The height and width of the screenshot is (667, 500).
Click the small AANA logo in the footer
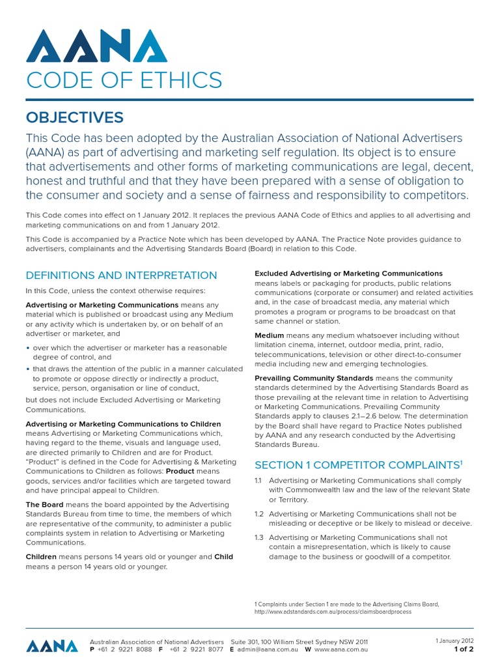click(51, 646)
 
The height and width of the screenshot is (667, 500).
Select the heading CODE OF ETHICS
click(124, 81)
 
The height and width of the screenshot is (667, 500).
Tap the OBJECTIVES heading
click(74, 117)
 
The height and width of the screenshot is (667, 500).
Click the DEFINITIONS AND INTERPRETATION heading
click(121, 276)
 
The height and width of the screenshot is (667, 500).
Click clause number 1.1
click(258, 480)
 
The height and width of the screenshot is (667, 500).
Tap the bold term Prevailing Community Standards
click(314, 378)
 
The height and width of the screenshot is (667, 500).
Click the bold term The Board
click(44, 505)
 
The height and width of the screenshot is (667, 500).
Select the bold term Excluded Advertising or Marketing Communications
click(348, 274)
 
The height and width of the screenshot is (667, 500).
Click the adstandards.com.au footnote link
click(333, 612)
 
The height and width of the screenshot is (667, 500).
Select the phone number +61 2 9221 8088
click(124, 649)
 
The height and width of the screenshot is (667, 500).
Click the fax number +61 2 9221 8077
click(196, 649)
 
